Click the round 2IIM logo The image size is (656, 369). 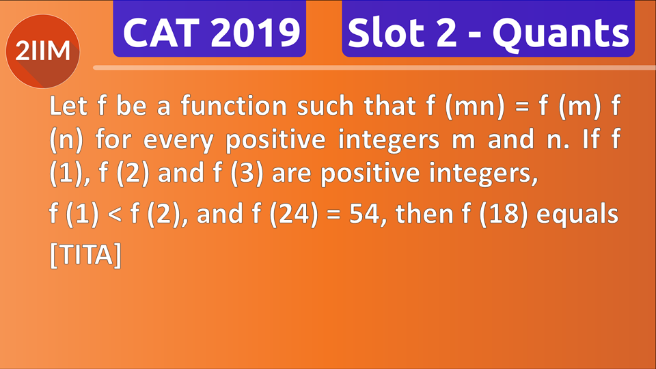coord(42,51)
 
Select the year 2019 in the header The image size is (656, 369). coord(256,33)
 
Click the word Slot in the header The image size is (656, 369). coord(386,32)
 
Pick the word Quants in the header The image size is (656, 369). coord(560,33)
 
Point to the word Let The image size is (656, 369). coord(68,105)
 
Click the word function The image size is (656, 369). coord(234,105)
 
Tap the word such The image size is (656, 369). coord(325,105)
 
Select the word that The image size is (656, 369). coord(390,105)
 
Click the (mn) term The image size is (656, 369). coord(475,107)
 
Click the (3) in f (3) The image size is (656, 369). coord(247,173)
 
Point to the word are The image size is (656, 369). coord(292,174)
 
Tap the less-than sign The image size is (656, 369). coord(114,214)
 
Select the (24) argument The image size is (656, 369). coord(294,214)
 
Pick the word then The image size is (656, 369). coord(424,213)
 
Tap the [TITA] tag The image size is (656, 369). coord(86,255)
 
